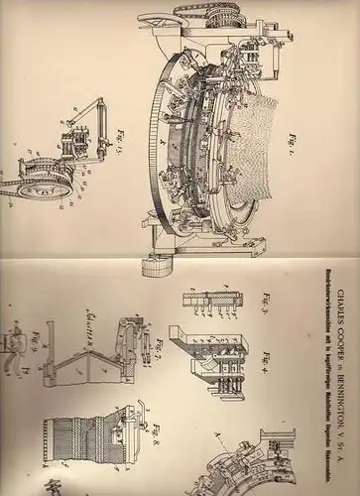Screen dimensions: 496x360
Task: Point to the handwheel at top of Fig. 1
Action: (x=154, y=21)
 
